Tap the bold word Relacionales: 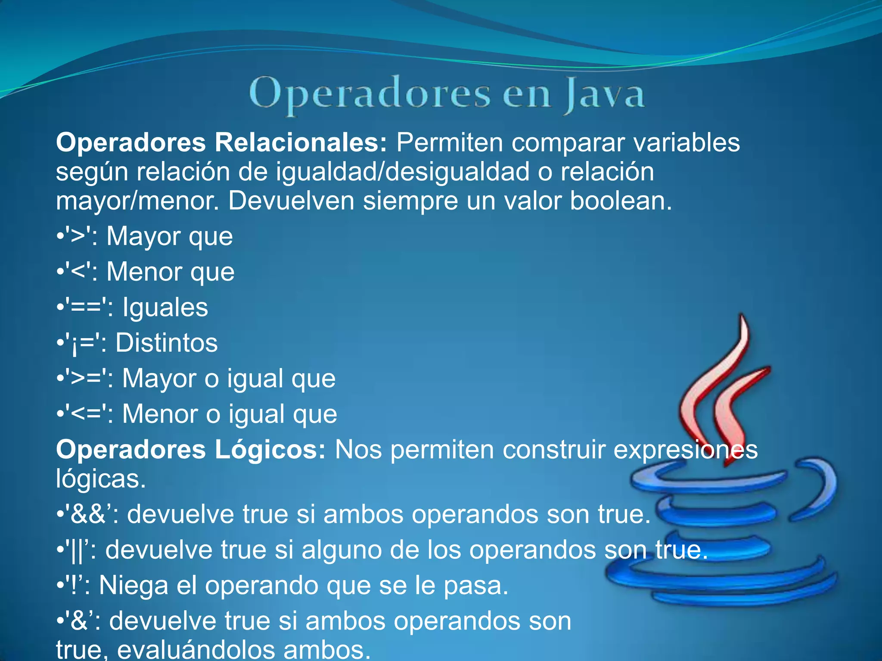(301, 142)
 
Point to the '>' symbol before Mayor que (78, 236)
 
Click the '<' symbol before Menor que (78, 272)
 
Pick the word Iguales (165, 307)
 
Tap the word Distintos (167, 343)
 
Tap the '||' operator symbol (77, 550)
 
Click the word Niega (134, 586)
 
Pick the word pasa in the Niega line (475, 586)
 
